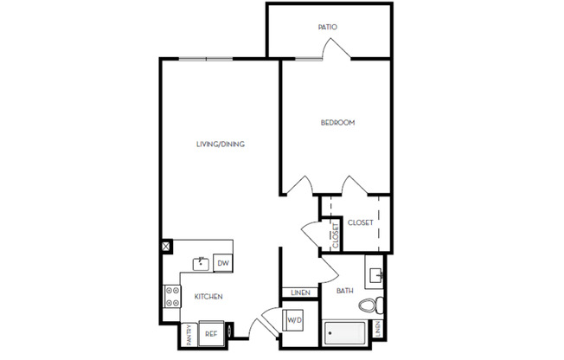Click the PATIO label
click(327, 28)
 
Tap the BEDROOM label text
click(338, 123)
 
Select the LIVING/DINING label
click(220, 145)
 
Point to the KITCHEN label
click(208, 297)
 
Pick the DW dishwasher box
click(222, 263)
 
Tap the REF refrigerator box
click(210, 332)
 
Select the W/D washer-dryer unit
click(293, 320)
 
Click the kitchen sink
click(200, 260)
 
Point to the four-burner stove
click(170, 297)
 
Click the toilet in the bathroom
click(369, 305)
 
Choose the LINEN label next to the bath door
click(300, 292)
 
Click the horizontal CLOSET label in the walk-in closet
click(360, 223)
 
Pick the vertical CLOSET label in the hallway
click(334, 234)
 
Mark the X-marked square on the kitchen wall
click(165, 247)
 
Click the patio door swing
click(336, 50)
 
